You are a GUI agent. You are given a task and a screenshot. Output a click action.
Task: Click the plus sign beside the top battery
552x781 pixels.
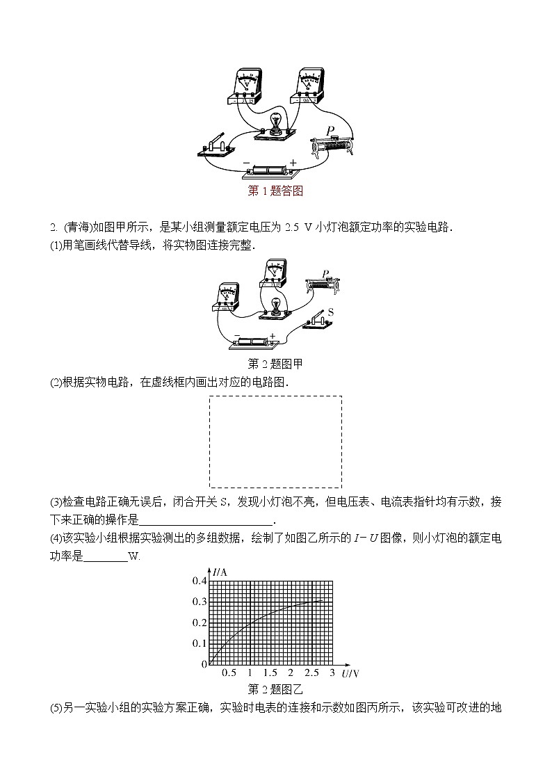click(x=293, y=163)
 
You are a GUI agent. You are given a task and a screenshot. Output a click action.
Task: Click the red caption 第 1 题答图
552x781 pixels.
click(x=275, y=191)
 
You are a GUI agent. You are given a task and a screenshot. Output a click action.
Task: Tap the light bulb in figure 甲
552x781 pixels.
click(x=275, y=305)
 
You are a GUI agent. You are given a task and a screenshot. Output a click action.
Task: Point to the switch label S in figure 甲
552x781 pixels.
click(x=331, y=313)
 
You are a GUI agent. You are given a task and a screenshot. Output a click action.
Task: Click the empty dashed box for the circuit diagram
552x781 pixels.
click(x=275, y=442)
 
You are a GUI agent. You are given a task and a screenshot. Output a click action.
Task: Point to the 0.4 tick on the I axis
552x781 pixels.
click(x=200, y=581)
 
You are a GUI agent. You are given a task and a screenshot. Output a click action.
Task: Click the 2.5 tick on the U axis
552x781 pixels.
click(x=311, y=673)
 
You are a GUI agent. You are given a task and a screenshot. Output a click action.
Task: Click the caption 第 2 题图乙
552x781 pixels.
click(x=275, y=689)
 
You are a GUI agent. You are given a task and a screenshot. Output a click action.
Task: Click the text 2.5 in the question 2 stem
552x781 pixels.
click(x=293, y=227)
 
